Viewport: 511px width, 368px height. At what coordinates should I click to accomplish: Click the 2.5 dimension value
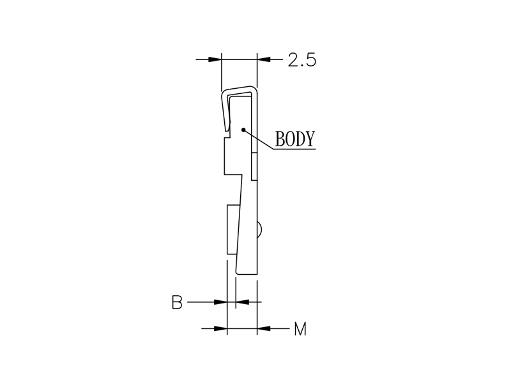(x=301, y=60)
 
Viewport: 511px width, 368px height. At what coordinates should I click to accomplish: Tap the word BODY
(x=295, y=139)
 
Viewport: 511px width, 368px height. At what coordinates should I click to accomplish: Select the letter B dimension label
(x=177, y=302)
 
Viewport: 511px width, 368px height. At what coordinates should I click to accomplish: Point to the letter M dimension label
(x=300, y=329)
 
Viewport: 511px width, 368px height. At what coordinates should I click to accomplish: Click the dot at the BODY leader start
(x=243, y=130)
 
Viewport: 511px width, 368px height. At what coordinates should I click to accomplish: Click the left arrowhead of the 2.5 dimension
(x=215, y=59)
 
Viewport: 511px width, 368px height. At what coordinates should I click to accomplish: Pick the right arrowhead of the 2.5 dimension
(x=263, y=59)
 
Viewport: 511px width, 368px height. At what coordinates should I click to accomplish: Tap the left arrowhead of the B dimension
(x=220, y=302)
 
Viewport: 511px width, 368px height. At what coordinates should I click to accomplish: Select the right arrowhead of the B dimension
(x=242, y=302)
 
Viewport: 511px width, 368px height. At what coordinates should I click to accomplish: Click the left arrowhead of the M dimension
(x=220, y=328)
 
